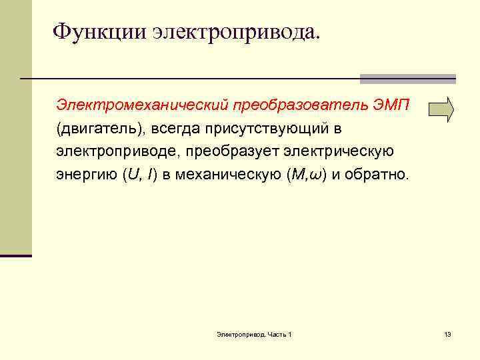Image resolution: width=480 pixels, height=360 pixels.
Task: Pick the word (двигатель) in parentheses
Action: [98, 128]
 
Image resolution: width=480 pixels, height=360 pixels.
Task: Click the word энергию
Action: [85, 175]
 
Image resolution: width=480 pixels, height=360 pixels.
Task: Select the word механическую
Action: [229, 175]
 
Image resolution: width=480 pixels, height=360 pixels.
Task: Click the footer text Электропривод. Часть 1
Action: [254, 333]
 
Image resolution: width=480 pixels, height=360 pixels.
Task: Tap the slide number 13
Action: [447, 333]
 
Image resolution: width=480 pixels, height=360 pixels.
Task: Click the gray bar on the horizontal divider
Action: [407, 79]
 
